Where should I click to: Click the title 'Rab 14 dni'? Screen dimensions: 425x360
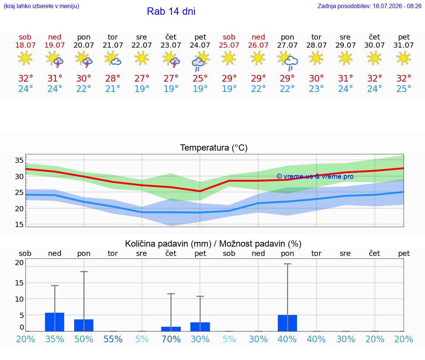pos(171,11)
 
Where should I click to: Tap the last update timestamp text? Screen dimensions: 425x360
pos(369,6)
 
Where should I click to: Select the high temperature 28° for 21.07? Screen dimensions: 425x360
pos(113,78)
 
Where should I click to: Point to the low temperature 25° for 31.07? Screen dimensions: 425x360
pos(404,89)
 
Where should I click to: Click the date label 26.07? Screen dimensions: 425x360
pos(258,45)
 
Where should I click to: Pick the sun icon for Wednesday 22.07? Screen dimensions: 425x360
pos(142,58)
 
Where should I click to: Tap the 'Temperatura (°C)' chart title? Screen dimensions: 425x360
pos(214,148)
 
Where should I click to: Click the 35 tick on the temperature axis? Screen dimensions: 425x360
pos(19,160)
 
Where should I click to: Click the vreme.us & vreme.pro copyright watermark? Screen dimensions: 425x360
pos(315,176)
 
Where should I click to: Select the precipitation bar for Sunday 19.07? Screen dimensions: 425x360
pos(55,322)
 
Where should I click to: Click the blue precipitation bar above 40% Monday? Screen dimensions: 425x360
pos(287,323)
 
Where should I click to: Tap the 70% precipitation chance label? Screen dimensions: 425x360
pos(171,339)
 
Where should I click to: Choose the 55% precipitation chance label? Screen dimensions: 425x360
pos(113,339)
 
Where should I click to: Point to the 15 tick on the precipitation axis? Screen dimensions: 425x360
pos(19,283)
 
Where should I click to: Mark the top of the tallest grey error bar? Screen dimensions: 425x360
pos(287,264)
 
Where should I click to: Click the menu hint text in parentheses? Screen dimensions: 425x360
pos(41,6)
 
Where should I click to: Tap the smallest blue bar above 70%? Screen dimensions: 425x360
pos(171,329)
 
